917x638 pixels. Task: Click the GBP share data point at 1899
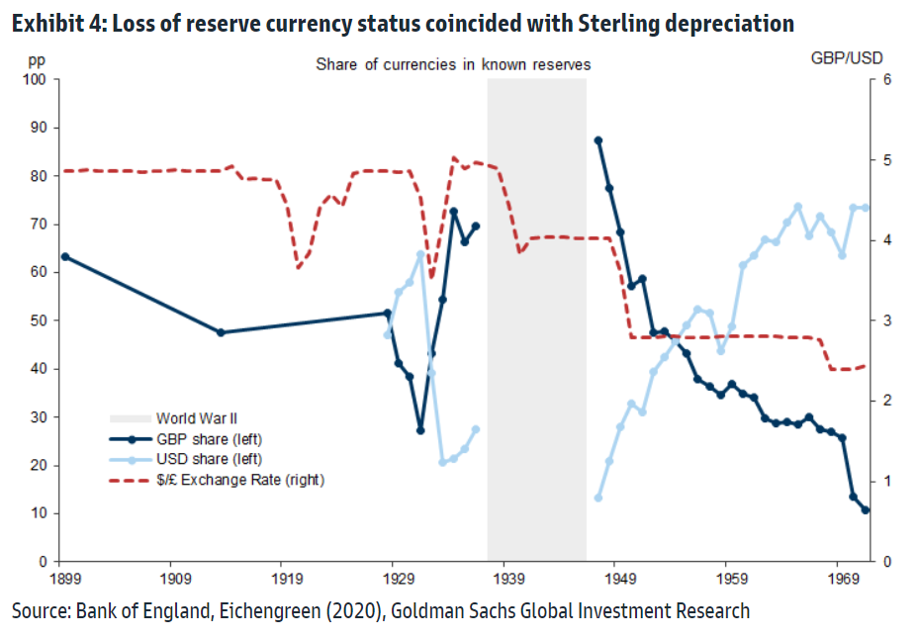64,256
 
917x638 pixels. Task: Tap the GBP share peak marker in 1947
597,140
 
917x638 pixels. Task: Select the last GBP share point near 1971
866,510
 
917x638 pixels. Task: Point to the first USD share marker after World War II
597,498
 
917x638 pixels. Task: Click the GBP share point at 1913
221,332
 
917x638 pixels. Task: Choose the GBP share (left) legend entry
201,439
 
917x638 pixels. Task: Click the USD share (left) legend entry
201,459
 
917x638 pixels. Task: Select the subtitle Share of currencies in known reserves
453,64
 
